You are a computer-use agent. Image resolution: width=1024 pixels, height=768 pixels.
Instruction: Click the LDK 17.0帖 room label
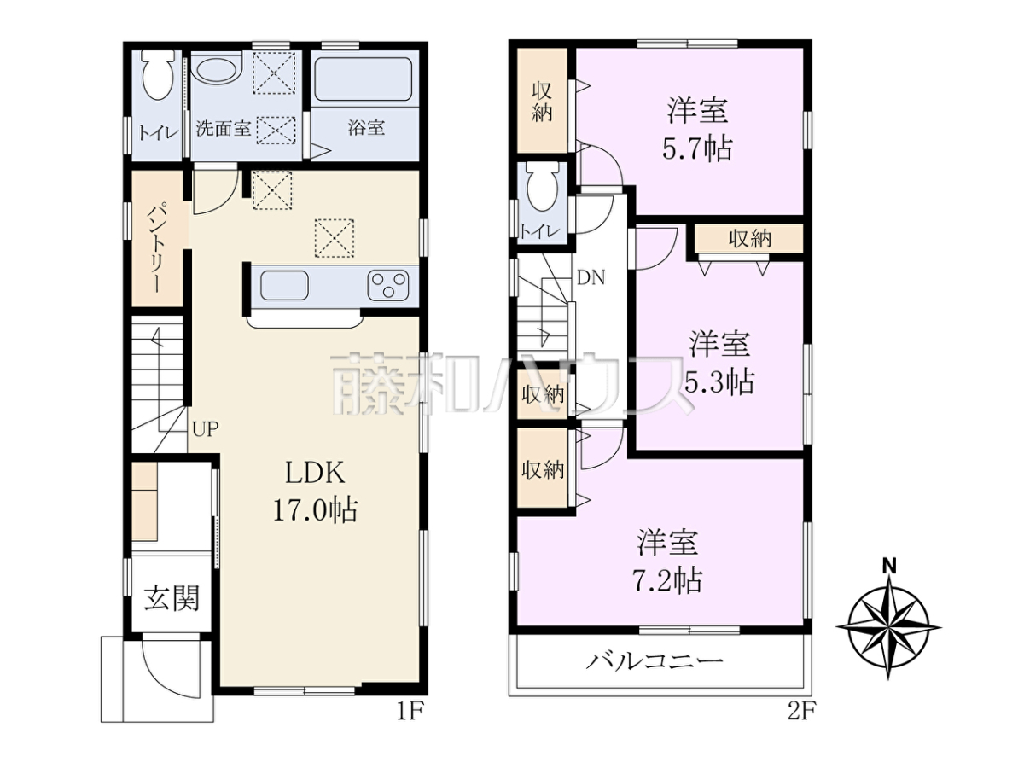coord(315,492)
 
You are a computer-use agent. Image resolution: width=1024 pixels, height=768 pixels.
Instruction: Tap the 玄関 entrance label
coord(172,599)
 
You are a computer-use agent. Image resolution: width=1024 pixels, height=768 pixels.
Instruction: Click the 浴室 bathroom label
coord(366,127)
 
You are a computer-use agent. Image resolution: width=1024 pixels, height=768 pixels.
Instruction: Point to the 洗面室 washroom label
coord(224,128)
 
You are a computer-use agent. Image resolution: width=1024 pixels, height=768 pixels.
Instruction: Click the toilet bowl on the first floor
coord(158,74)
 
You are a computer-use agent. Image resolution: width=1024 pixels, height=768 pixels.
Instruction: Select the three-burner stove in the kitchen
coord(387,285)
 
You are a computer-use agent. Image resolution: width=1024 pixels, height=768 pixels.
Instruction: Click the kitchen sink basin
coord(284,285)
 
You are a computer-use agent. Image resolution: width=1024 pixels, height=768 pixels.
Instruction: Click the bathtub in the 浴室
coord(364,79)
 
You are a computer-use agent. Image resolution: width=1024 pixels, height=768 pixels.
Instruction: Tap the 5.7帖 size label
coord(697,149)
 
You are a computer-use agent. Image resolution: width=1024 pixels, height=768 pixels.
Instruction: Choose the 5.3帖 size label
coord(719,382)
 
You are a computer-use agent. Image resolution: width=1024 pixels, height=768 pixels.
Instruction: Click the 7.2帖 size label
coord(667,580)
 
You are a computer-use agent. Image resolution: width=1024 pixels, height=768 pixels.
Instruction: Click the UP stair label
coord(206,428)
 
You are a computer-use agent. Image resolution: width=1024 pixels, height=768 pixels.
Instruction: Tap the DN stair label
coord(591,278)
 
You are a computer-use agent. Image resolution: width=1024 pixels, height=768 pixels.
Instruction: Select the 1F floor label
coord(410,712)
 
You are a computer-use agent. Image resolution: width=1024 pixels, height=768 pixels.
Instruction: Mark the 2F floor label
coord(801,712)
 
